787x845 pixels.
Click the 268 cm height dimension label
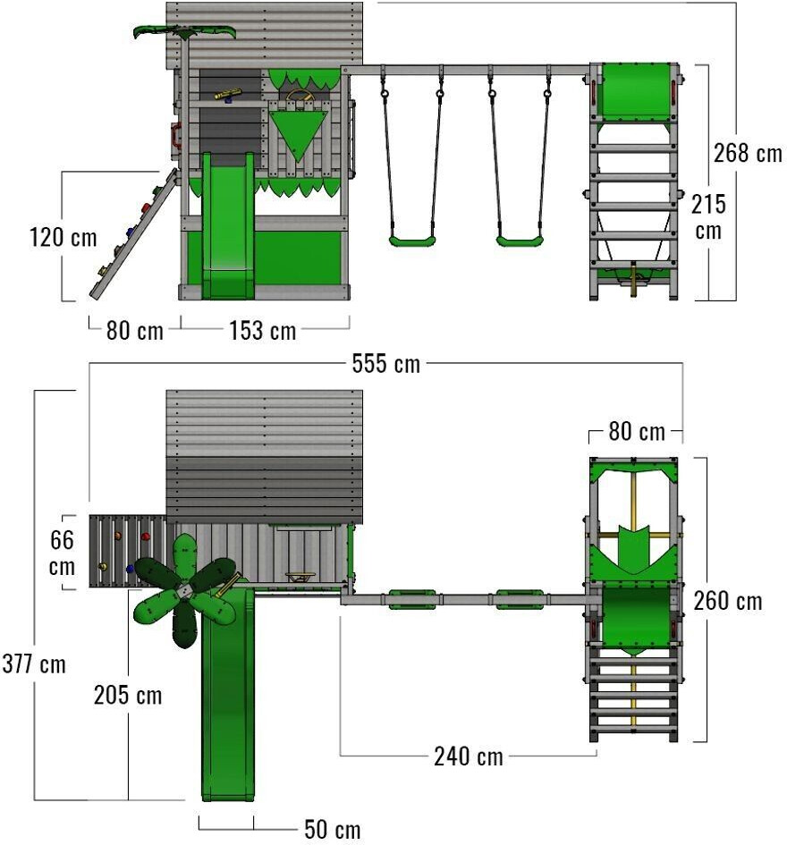pyautogui.click(x=747, y=153)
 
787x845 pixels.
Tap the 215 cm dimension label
pyautogui.click(x=708, y=216)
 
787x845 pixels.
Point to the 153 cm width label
pyautogui.click(x=262, y=331)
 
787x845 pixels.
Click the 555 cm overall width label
pyautogui.click(x=385, y=364)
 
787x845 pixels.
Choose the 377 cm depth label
pyautogui.click(x=33, y=664)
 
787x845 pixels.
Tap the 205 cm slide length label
pyautogui.click(x=128, y=694)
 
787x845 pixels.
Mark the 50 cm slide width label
pyautogui.click(x=333, y=830)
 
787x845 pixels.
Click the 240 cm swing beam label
pyautogui.click(x=468, y=756)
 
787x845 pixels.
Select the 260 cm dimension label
pyautogui.click(x=728, y=601)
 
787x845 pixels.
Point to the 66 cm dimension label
pyautogui.click(x=62, y=553)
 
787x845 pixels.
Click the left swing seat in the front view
pyautogui.click(x=412, y=240)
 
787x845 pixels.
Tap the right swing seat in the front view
pyautogui.click(x=520, y=240)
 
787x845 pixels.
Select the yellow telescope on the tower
pyautogui.click(x=227, y=93)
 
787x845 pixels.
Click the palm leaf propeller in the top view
pyautogui.click(x=185, y=592)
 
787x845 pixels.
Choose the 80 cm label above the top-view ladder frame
pyautogui.click(x=636, y=433)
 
